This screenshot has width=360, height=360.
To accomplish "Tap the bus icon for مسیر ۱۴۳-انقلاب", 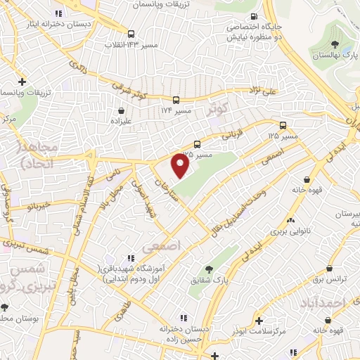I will pyautogui.click(x=131, y=33).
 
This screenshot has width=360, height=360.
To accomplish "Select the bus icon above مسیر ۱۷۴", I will pyautogui.click(x=176, y=100).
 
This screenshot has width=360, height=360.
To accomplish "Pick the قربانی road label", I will pyautogui.click(x=232, y=131).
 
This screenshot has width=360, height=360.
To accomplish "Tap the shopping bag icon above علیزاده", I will pyautogui.click(x=123, y=110).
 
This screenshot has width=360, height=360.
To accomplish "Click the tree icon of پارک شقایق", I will pyautogui.click(x=209, y=269).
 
